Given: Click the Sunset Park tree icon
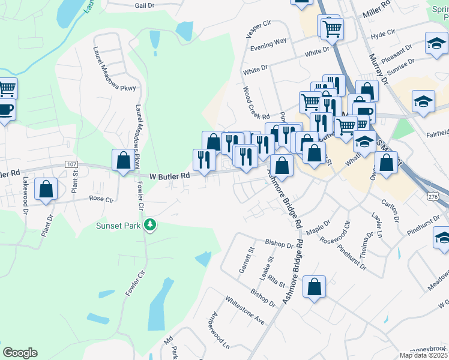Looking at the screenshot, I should (x=150, y=226).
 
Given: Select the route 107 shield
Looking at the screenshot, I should (x=71, y=164).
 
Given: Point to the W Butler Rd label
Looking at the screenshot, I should (x=169, y=176).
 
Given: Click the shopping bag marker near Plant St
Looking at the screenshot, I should (x=46, y=189).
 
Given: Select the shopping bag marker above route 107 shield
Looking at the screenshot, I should (x=123, y=160).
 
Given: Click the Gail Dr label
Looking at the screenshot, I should (x=145, y=5).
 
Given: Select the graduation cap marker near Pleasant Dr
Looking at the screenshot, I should (x=437, y=44).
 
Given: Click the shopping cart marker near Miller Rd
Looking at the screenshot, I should (x=331, y=28).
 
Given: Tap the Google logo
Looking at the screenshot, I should (x=20, y=353).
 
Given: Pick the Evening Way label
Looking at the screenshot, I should (x=268, y=43).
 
